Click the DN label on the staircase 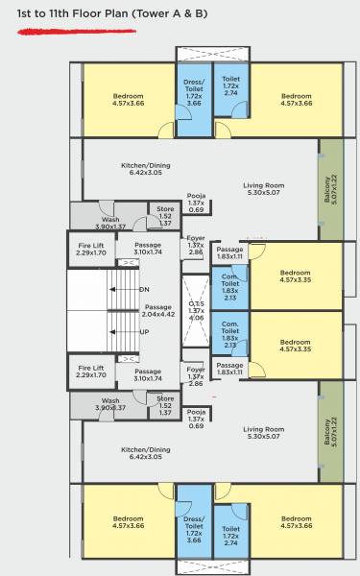pyautogui.click(x=144, y=289)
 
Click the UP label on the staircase pyautogui.click(x=144, y=332)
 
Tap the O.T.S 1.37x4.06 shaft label pyautogui.click(x=196, y=311)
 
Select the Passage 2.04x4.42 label pyautogui.click(x=157, y=310)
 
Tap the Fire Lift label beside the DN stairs pyautogui.click(x=91, y=249)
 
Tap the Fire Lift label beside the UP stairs pyautogui.click(x=91, y=372)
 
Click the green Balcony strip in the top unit pyautogui.click(x=330, y=188)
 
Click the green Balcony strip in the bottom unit pyautogui.click(x=330, y=432)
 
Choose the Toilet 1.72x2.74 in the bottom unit pyautogui.click(x=230, y=533)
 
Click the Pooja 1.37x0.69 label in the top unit pyautogui.click(x=197, y=204)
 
